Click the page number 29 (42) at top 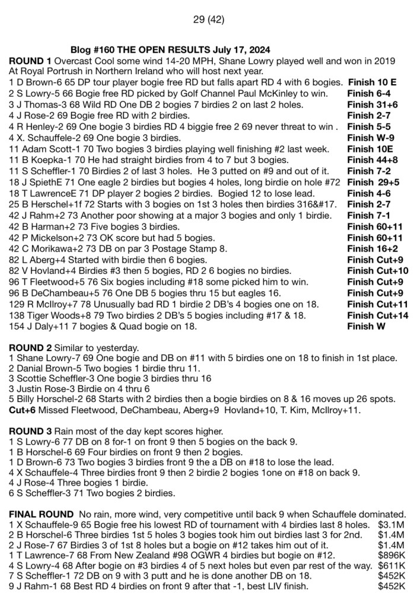(209, 20)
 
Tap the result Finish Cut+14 (378, 315)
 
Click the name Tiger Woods (50, 315)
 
